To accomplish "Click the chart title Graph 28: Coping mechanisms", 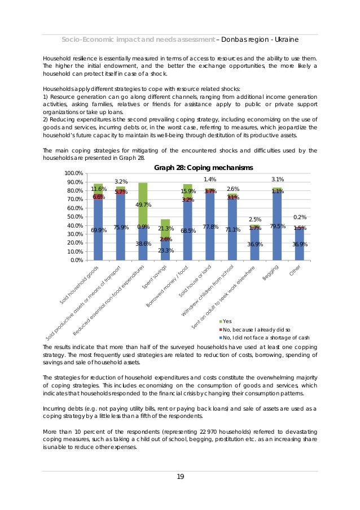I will tap(204, 168).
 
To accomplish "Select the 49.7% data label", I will tap(143, 205).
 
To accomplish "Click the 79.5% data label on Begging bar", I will tap(277, 226).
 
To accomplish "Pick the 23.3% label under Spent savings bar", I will tap(165, 250).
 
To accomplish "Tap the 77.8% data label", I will tap(210, 227).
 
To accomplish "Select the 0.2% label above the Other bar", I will tap(300, 217).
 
